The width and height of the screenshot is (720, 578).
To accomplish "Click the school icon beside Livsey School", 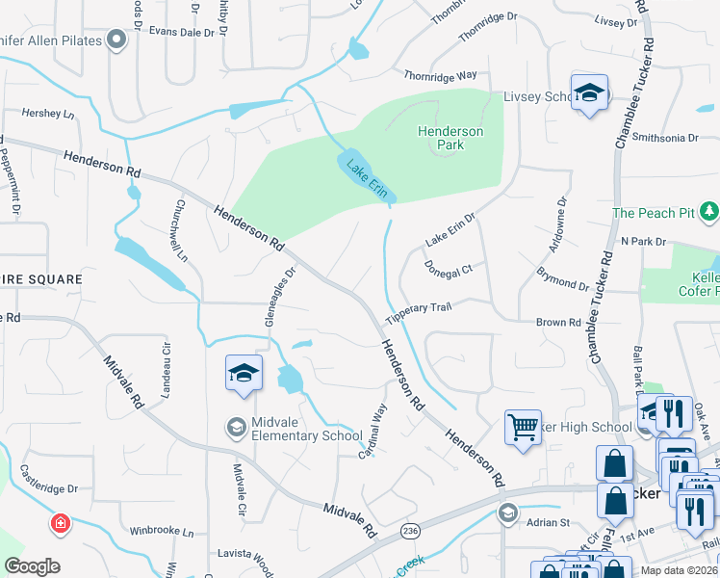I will pyautogui.click(x=587, y=93).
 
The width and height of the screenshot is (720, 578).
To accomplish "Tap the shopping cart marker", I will pyautogui.click(x=523, y=426).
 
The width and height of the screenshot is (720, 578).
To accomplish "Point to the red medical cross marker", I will pyautogui.click(x=61, y=523).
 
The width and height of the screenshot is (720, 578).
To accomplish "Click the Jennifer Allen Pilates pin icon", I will pyautogui.click(x=117, y=39).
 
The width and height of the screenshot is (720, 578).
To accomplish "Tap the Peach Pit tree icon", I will pyautogui.click(x=709, y=210).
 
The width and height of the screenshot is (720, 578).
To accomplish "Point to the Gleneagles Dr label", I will pyautogui.click(x=277, y=297).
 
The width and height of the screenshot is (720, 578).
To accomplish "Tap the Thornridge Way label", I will pyautogui.click(x=441, y=75).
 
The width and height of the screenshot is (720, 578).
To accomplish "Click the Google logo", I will pyautogui.click(x=32, y=566).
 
